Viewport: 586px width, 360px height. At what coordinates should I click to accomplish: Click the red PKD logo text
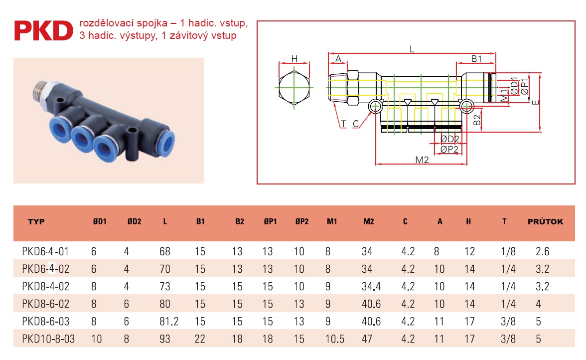click(x=43, y=30)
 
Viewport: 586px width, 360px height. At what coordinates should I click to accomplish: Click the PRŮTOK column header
click(x=545, y=222)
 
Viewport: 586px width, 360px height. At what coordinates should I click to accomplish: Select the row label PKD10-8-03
click(x=48, y=339)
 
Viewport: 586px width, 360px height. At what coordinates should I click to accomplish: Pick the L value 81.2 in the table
click(x=169, y=322)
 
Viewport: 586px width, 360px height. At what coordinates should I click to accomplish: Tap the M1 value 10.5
click(x=335, y=339)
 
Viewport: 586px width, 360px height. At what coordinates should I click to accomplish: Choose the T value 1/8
click(x=508, y=252)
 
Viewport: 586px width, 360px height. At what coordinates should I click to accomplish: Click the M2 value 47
click(x=367, y=339)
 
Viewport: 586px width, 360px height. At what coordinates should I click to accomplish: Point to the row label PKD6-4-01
click(x=46, y=252)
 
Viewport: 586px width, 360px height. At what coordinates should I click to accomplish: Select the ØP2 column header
click(x=301, y=222)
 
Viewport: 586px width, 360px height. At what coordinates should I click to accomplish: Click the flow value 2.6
click(x=542, y=252)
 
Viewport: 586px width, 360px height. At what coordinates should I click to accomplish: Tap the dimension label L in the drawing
click(x=412, y=49)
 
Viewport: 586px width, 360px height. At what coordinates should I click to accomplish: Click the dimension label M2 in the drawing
click(x=422, y=160)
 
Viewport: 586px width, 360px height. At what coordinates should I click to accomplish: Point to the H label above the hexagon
click(x=294, y=59)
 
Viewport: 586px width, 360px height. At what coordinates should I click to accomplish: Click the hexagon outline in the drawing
click(x=280, y=87)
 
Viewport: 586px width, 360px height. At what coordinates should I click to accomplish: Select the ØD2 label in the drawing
click(x=449, y=139)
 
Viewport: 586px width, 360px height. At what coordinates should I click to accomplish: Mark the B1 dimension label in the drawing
click(x=476, y=59)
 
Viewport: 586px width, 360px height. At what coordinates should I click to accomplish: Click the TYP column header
click(x=36, y=222)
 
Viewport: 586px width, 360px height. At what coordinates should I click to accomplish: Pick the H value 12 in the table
click(x=469, y=252)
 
